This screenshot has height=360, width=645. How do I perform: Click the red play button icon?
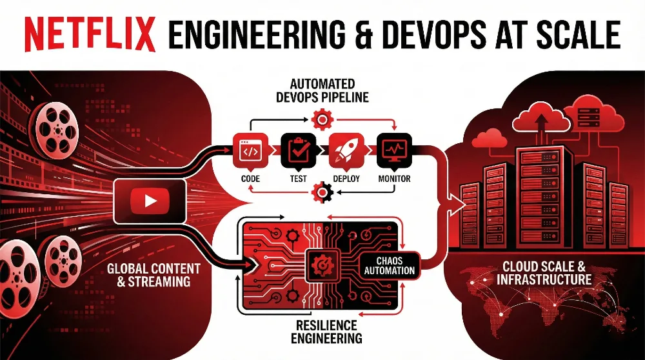pos(150,201)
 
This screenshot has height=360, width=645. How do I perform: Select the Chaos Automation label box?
pos(389,265)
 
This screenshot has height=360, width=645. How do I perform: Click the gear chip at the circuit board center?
pos(320,264)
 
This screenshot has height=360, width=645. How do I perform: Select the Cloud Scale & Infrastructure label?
pos(544,273)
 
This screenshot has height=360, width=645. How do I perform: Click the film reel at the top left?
pos(54,129)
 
